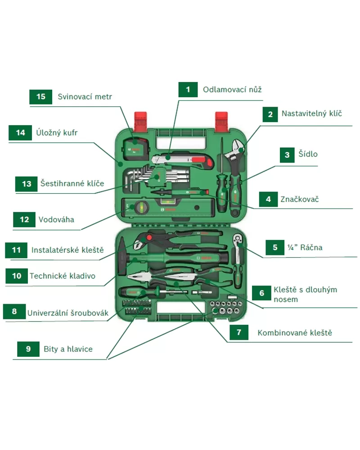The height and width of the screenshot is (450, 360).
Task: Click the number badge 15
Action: pos(41,96)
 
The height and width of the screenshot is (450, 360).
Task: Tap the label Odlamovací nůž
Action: pos(232,89)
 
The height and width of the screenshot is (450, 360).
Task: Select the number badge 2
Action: pos(270,114)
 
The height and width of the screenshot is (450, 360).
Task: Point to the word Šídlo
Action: pos(308,154)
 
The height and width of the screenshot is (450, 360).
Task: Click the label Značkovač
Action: pos(299,199)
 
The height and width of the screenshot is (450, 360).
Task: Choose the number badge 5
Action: pos(275,247)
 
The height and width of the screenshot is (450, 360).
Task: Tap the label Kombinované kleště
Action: pos(295,333)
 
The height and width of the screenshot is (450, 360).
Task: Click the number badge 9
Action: pos(28,349)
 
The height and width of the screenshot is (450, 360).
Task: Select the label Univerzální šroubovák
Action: pos(68,313)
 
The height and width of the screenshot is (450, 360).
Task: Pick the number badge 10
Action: pos(17,276)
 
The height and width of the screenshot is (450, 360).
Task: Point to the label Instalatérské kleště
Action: pos(67,250)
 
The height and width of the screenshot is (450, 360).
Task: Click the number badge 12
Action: pos(24,220)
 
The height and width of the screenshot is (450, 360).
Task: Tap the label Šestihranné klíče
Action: pos(72,183)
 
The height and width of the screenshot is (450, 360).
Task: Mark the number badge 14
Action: pos(21,132)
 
